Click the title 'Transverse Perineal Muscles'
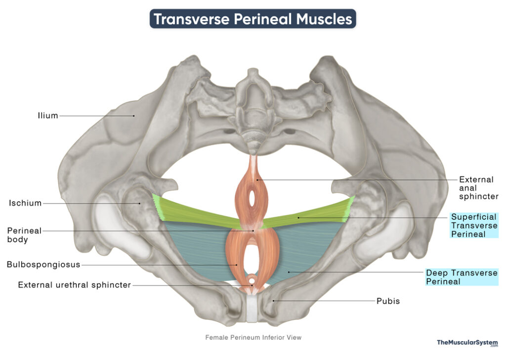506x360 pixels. click(x=253, y=19)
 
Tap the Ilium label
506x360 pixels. click(x=48, y=116)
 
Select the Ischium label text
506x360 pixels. click(x=25, y=203)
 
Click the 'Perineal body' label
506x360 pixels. click(x=24, y=235)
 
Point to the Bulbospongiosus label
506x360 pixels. click(x=43, y=265)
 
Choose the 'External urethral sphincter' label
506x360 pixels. click(x=74, y=285)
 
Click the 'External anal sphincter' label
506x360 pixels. click(x=478, y=188)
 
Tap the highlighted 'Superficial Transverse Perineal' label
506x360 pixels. click(x=474, y=225)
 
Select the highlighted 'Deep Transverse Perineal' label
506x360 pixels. click(x=462, y=277)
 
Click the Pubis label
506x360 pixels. click(x=388, y=301)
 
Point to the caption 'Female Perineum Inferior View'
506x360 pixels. click(x=253, y=337)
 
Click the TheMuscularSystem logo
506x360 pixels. click(x=467, y=343)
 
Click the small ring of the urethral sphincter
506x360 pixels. click(x=251, y=280)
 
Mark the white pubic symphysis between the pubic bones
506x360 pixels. click(x=252, y=309)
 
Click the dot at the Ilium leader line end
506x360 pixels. click(x=133, y=116)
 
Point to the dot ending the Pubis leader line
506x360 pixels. click(x=274, y=301)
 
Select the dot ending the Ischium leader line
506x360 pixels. click(x=139, y=203)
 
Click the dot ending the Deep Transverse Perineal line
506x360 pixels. click(x=289, y=272)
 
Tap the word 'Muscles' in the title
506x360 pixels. click(x=324, y=19)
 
